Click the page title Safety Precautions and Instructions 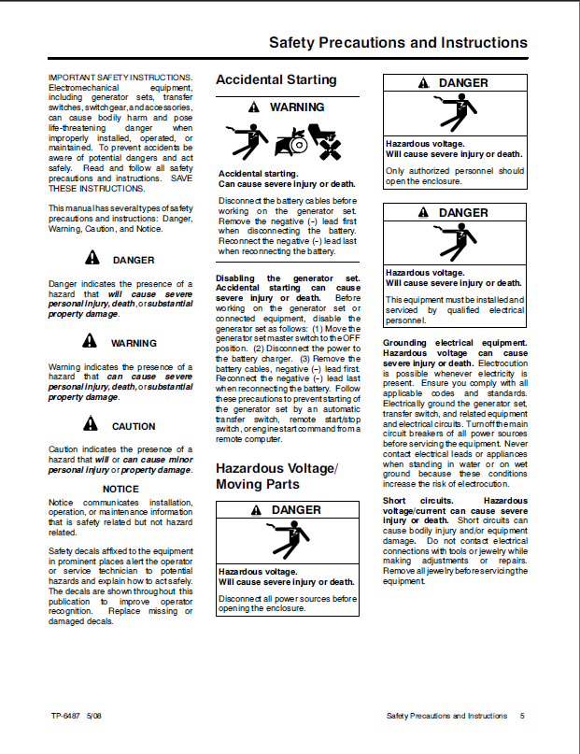(x=398, y=43)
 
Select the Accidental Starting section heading (x=276, y=80)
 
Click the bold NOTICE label (x=120, y=489)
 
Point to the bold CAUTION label (x=134, y=426)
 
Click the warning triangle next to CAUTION (x=90, y=425)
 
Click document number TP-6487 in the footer (x=65, y=716)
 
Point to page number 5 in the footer (x=523, y=716)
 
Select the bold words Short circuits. (x=407, y=501)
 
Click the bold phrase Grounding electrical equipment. (x=455, y=343)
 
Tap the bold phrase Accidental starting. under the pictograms (x=258, y=174)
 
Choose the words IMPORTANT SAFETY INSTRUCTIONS (x=120, y=77)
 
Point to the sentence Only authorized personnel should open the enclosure (x=455, y=177)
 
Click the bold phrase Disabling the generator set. (x=288, y=278)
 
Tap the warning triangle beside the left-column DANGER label (x=91, y=259)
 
